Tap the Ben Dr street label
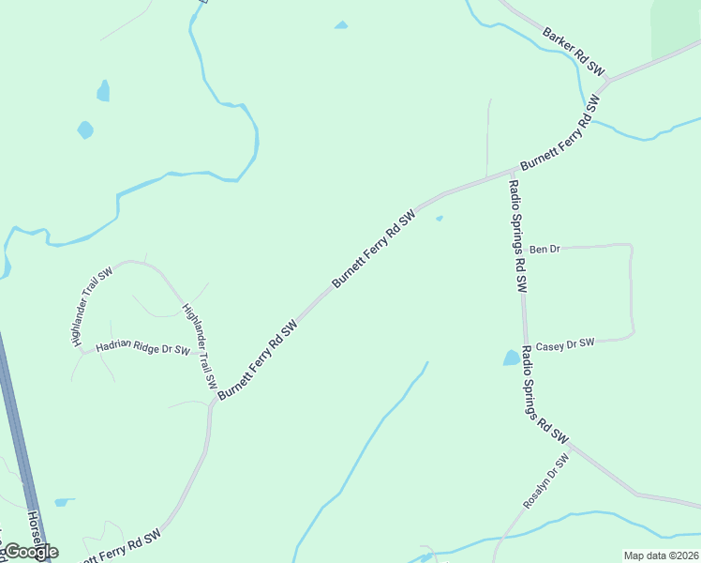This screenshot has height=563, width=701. tap(544, 250)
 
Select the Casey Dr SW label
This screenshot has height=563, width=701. tap(566, 344)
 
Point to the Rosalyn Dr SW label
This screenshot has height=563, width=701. tap(546, 482)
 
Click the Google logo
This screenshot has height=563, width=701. tap(31, 552)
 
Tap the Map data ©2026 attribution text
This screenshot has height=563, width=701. tap(661, 555)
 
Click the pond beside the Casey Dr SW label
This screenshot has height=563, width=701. tap(511, 358)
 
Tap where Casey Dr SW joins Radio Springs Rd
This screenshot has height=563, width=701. tap(525, 342)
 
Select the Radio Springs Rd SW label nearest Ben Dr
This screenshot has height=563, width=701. tap(516, 236)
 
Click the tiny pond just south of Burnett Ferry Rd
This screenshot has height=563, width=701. tap(439, 220)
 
